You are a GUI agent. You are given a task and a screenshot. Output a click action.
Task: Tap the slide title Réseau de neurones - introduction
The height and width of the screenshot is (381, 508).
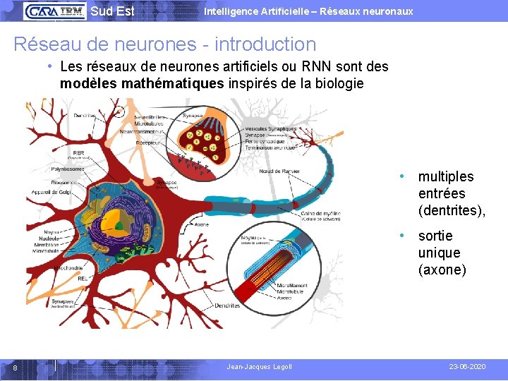pos(165,44)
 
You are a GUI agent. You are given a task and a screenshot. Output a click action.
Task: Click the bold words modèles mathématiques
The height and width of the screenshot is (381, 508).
pos(142,83)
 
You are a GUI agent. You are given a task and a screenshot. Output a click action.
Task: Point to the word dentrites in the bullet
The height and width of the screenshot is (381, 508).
pos(452,210)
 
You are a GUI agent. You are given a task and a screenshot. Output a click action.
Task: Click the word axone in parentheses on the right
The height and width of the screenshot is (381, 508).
pos(442,270)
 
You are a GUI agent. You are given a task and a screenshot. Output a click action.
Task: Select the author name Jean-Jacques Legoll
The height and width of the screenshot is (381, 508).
pos(259,367)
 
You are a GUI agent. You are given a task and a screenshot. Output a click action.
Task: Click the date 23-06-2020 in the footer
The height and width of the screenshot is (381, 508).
pos(467,367)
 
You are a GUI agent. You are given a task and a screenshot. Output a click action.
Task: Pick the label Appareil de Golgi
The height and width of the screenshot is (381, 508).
pos(52,191)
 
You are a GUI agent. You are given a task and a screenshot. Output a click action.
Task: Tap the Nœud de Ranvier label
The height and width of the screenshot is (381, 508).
pos(279,171)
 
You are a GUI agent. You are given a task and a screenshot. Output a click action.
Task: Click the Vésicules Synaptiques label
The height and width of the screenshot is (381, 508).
pos(272,129)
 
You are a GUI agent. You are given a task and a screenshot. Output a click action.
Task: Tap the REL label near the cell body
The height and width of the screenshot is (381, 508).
pos(81,278)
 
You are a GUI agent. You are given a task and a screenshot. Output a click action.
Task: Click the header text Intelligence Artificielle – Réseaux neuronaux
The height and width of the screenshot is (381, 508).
pos(308,11)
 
